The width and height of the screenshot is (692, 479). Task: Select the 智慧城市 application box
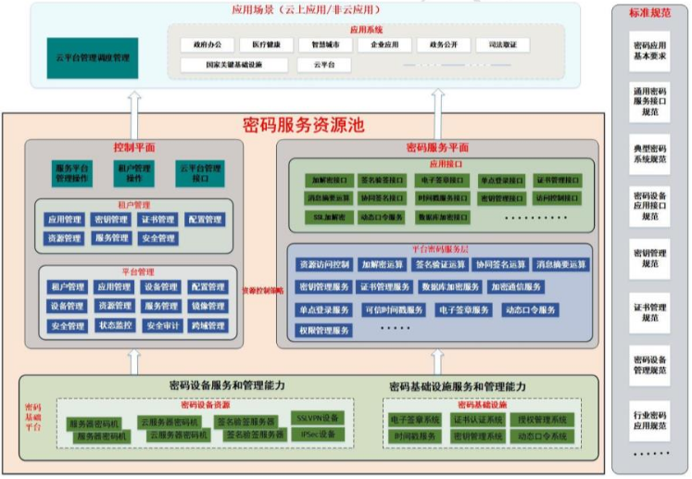click(x=323, y=44)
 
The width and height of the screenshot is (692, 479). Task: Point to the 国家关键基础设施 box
click(x=234, y=65)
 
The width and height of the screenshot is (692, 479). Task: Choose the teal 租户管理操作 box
click(x=135, y=173)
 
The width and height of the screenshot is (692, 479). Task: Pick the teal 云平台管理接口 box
click(x=199, y=173)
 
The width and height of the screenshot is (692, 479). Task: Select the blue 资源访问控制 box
click(x=324, y=264)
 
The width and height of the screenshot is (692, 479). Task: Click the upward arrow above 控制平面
click(x=133, y=112)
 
